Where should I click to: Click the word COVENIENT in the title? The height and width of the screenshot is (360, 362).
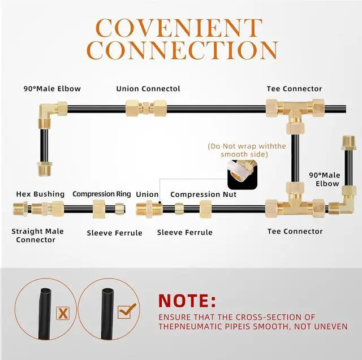[x=179, y=28]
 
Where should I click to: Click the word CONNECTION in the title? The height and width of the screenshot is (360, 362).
[x=183, y=50]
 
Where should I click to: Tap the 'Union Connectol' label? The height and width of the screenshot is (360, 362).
[x=148, y=89]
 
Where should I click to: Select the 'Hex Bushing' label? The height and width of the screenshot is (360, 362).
[x=40, y=194]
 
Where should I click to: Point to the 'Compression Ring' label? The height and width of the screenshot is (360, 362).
[x=102, y=194]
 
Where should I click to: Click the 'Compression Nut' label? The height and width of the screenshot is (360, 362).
[x=204, y=194]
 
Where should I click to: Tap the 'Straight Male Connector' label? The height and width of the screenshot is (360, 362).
[x=37, y=236]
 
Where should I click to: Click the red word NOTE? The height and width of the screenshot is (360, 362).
[x=187, y=301]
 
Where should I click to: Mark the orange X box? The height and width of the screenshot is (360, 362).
[x=63, y=314]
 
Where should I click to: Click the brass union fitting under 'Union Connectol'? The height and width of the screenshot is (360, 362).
[x=146, y=108]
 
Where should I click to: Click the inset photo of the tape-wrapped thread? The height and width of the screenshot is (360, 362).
[x=243, y=175]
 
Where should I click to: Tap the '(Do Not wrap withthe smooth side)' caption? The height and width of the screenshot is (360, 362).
[x=247, y=150]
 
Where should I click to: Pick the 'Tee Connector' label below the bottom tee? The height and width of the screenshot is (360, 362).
[x=295, y=231]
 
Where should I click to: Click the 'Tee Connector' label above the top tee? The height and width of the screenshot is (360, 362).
[x=294, y=89]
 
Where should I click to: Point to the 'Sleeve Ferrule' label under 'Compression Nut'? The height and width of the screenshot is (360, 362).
[x=185, y=232]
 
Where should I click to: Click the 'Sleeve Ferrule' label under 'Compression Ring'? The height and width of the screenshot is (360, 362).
[x=114, y=233]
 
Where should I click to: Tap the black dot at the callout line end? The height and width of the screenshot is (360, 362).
[x=160, y=202]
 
